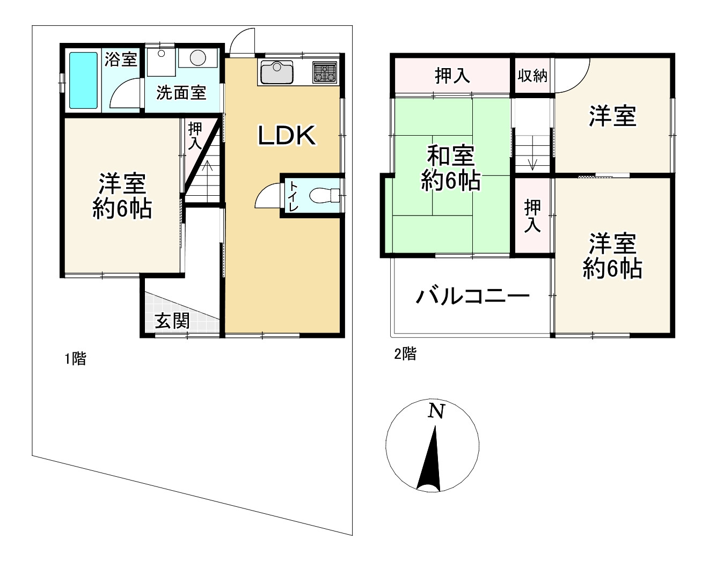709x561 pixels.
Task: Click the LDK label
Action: coord(287,136)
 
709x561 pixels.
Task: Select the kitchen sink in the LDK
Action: coord(276,72)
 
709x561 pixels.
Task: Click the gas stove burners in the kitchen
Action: coord(325,72)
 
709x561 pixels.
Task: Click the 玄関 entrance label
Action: coord(172,321)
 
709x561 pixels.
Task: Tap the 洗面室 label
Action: coord(181,93)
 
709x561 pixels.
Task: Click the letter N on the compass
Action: coord(436,411)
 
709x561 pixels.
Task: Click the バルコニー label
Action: coord(473,296)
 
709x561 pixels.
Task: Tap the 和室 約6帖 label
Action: coord(451,168)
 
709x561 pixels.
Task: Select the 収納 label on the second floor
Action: coord(532,76)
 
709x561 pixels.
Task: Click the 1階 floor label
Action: coord(75,359)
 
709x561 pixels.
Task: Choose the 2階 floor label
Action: coord(405,354)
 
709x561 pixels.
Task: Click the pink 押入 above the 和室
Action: coord(452,76)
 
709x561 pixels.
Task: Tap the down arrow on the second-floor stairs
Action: coord(532,164)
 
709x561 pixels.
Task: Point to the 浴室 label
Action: coord(120,59)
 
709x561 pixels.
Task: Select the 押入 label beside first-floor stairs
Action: coord(195,136)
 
